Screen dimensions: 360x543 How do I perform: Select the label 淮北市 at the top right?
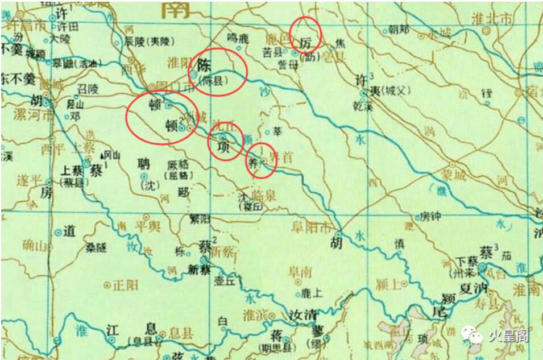coord(492,18)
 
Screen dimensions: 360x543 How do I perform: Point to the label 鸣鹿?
coord(238,39)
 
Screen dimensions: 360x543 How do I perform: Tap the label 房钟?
coord(430,216)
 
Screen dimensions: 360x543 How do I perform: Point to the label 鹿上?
coord(312,293)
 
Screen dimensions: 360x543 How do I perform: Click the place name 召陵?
coord(88,89)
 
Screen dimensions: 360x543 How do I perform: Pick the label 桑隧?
coord(96,248)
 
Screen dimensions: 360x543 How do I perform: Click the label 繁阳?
coord(200,218)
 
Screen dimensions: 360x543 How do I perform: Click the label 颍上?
coord(389,283)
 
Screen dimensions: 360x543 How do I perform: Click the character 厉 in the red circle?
coord(306,42)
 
